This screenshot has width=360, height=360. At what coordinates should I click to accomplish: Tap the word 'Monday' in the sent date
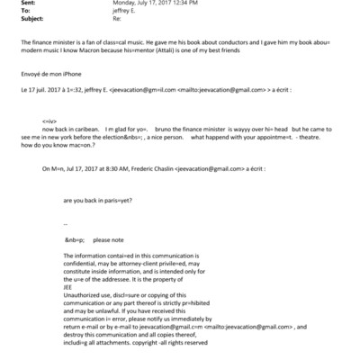tap(123, 4)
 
